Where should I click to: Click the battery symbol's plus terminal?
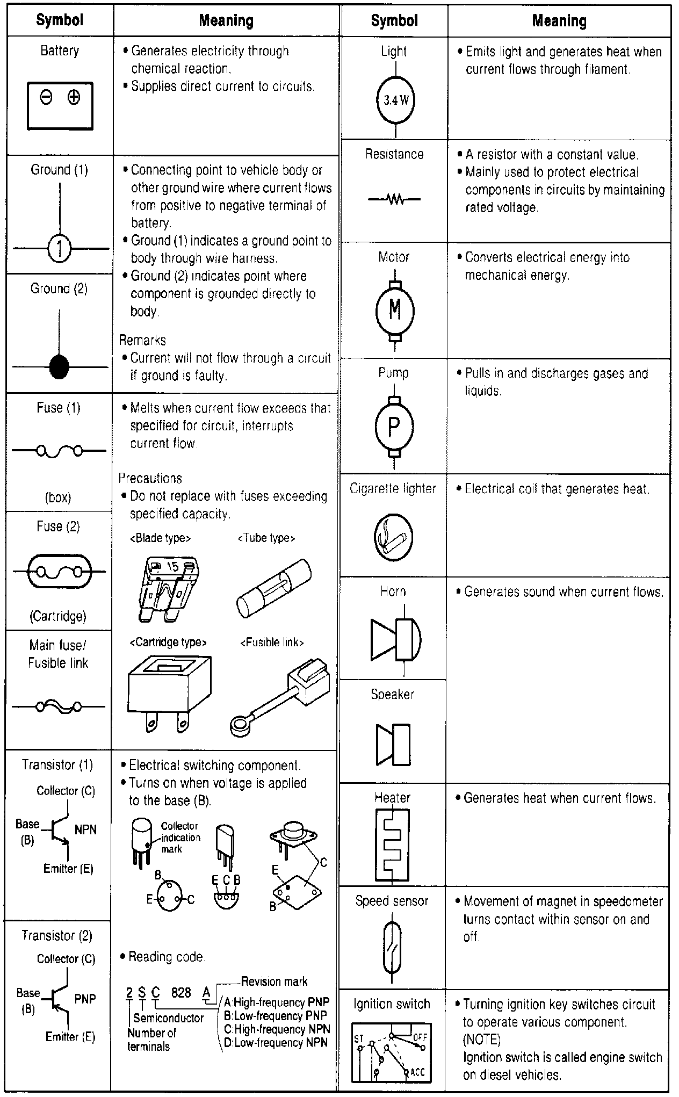pos(74,98)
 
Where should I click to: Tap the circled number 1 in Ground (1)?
pos(60,249)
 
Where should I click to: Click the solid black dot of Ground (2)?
pos(59,367)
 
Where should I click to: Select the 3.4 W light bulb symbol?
pos(396,100)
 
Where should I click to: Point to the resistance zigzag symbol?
pos(395,200)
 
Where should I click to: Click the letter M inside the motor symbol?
pos(395,309)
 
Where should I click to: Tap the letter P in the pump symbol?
pos(394,427)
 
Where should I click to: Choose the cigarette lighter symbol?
pos(393,537)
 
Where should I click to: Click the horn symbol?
pos(396,639)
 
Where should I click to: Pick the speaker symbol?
pos(393,745)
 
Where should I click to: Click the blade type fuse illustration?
pos(166,588)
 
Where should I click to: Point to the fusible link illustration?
pos(280,695)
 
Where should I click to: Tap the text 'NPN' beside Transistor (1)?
pos(85,829)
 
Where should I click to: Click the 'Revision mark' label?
pos(274,981)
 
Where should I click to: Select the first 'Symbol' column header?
pos(60,20)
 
